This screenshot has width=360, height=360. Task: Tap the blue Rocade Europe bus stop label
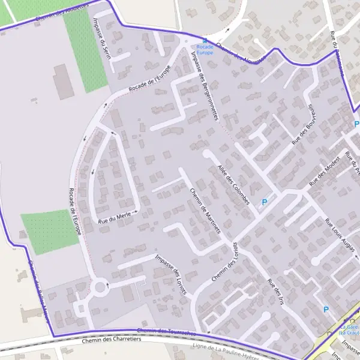[x=205, y=49]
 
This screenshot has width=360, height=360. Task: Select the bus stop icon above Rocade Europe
[x=205, y=40]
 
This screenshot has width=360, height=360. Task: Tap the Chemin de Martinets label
[x=205, y=211]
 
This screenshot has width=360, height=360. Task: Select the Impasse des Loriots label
[x=171, y=274]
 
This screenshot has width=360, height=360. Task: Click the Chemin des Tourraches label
[x=167, y=332]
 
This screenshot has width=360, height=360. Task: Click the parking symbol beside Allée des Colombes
[x=263, y=202]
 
